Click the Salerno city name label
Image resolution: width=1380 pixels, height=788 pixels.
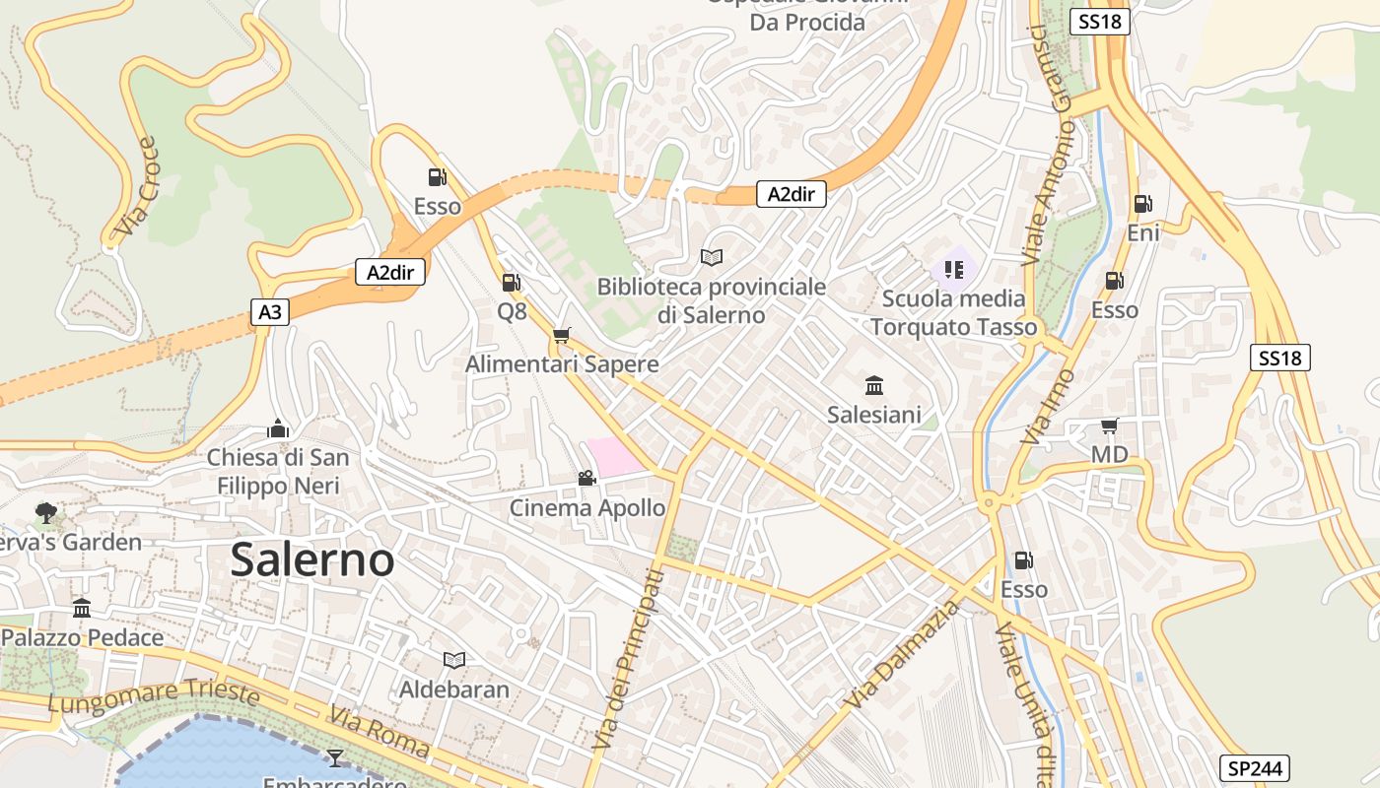point(312,560)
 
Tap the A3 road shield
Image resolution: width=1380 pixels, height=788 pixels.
point(269,313)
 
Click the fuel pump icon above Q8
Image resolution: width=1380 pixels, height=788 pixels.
point(511,283)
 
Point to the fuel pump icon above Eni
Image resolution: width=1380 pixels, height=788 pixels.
point(1142,204)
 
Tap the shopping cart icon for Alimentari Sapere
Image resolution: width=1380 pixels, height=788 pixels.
point(562,336)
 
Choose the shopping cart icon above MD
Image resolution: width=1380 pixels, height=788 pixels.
point(1109,427)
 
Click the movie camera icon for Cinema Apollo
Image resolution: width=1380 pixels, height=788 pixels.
point(586,479)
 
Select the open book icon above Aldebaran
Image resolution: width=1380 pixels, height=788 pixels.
point(453,660)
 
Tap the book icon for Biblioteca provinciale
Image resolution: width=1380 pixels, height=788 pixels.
point(711,257)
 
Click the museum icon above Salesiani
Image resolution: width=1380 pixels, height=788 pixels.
point(873,385)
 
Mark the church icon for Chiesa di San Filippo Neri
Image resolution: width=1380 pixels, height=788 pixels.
point(278,428)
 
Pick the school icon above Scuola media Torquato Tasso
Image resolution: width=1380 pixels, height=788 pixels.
point(953,269)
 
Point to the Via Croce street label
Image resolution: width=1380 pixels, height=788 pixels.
point(136,187)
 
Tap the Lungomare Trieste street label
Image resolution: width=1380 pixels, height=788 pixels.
point(154,697)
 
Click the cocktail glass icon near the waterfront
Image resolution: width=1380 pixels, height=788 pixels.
point(335,757)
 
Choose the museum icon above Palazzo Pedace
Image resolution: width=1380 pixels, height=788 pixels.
point(82,608)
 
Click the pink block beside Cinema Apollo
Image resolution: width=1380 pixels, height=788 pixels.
point(614,458)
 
